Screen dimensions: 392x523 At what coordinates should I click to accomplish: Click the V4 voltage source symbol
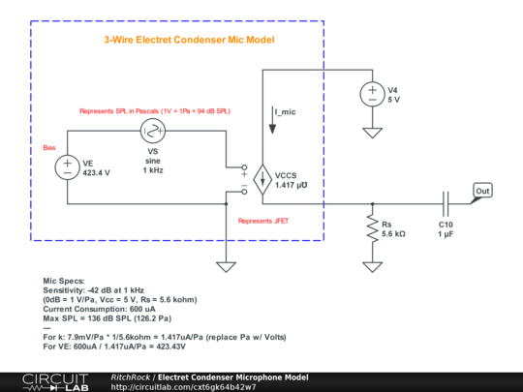click(x=371, y=94)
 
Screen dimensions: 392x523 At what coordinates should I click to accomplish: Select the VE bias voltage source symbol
click(x=68, y=166)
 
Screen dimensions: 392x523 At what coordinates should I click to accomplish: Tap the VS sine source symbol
click(x=153, y=131)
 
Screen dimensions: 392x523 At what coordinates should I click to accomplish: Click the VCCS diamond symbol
click(x=262, y=178)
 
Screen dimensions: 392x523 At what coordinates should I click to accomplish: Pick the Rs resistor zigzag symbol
click(x=371, y=228)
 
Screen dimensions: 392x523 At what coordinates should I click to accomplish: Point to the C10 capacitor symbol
click(x=446, y=203)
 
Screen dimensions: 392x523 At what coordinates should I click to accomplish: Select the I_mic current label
click(x=288, y=113)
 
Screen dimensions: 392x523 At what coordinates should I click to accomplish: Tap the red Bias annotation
click(x=49, y=148)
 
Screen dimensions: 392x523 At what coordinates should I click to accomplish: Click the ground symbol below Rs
click(x=371, y=264)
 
